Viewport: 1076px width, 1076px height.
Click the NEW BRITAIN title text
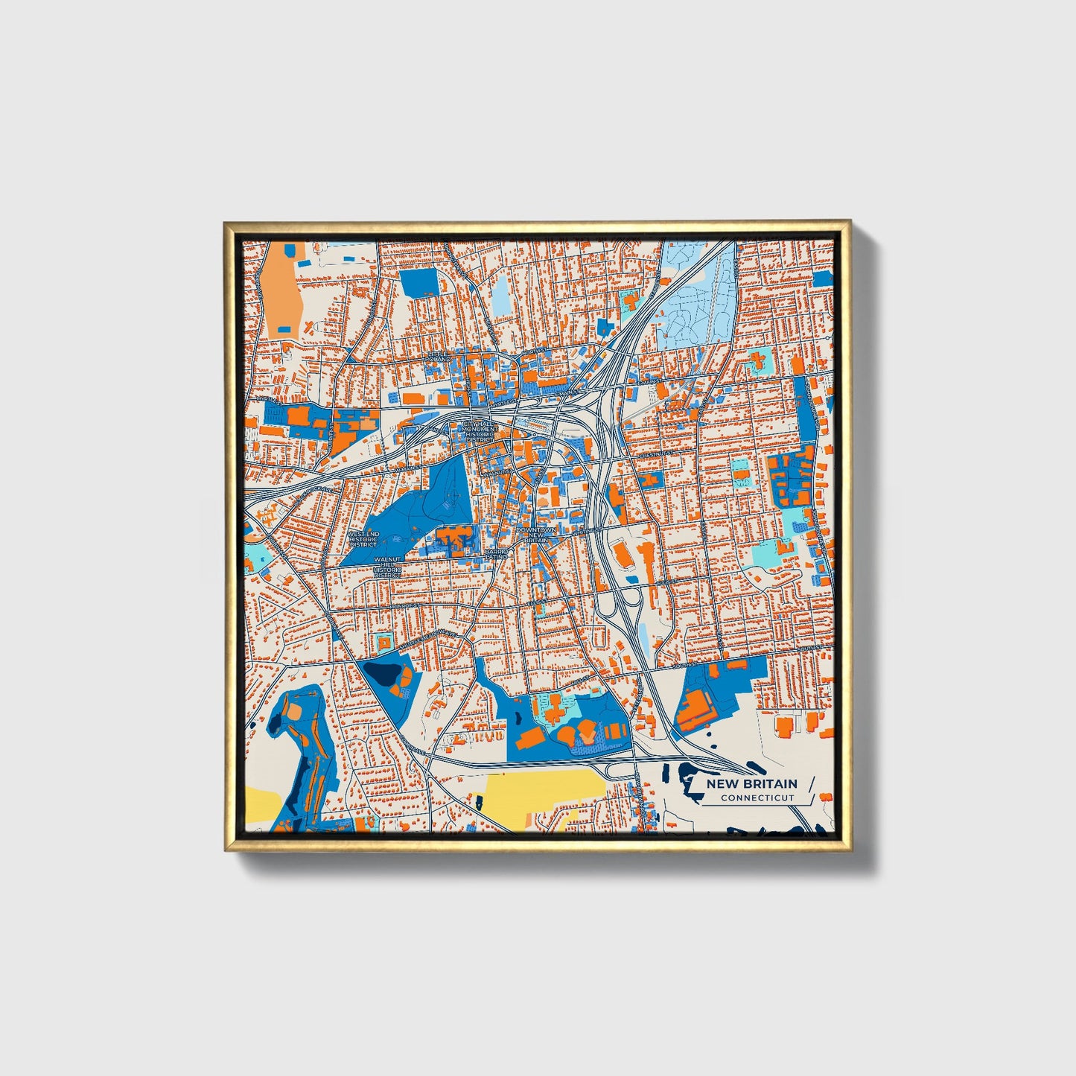(751, 783)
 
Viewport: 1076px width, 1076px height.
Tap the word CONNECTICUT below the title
(757, 798)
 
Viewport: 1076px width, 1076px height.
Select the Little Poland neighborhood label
(439, 357)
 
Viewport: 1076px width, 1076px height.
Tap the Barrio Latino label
(497, 554)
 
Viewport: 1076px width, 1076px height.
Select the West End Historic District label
(363, 539)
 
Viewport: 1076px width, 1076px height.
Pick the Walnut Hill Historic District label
(387, 567)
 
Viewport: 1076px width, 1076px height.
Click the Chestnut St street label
(656, 453)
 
